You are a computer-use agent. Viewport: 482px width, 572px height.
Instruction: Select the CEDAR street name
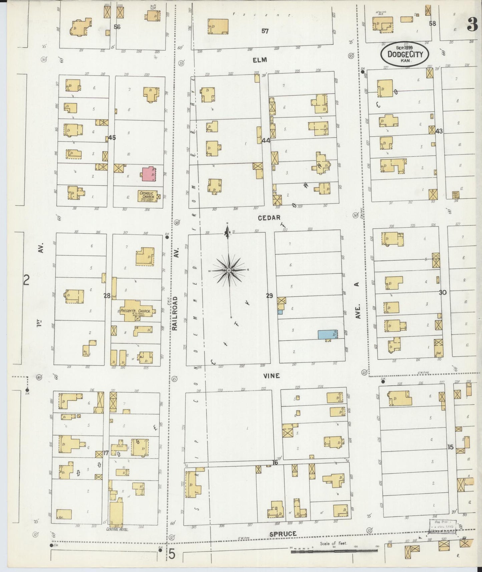coord(269,218)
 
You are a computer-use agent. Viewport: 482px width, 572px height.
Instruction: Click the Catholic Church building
coord(148,196)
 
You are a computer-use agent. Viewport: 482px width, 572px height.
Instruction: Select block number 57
coord(265,31)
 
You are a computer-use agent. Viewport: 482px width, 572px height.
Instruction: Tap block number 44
coord(266,141)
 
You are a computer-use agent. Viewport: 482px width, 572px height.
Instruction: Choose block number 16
coord(275,463)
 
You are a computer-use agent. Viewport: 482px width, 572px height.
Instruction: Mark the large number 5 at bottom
coord(171,554)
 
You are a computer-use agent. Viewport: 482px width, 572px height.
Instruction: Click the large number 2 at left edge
coord(26,280)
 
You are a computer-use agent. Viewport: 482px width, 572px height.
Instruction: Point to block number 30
coord(442,292)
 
